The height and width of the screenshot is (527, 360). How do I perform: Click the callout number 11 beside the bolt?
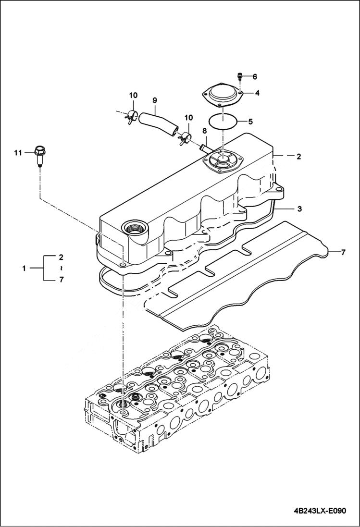(x=18, y=153)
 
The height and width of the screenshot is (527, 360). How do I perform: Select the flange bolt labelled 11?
(x=39, y=155)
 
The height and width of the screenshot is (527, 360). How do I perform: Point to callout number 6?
(x=255, y=76)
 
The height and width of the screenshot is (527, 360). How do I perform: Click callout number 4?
(x=257, y=93)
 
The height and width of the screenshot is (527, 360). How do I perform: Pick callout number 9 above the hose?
(x=155, y=100)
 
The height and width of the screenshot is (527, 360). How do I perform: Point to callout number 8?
(x=204, y=130)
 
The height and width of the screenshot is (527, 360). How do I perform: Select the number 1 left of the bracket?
(x=24, y=268)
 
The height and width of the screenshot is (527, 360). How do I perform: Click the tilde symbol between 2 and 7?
(x=61, y=268)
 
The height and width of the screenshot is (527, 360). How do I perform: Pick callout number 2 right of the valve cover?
(x=298, y=157)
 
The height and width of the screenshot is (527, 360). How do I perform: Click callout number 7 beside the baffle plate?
(x=343, y=252)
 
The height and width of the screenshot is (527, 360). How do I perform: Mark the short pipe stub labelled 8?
(x=204, y=145)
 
